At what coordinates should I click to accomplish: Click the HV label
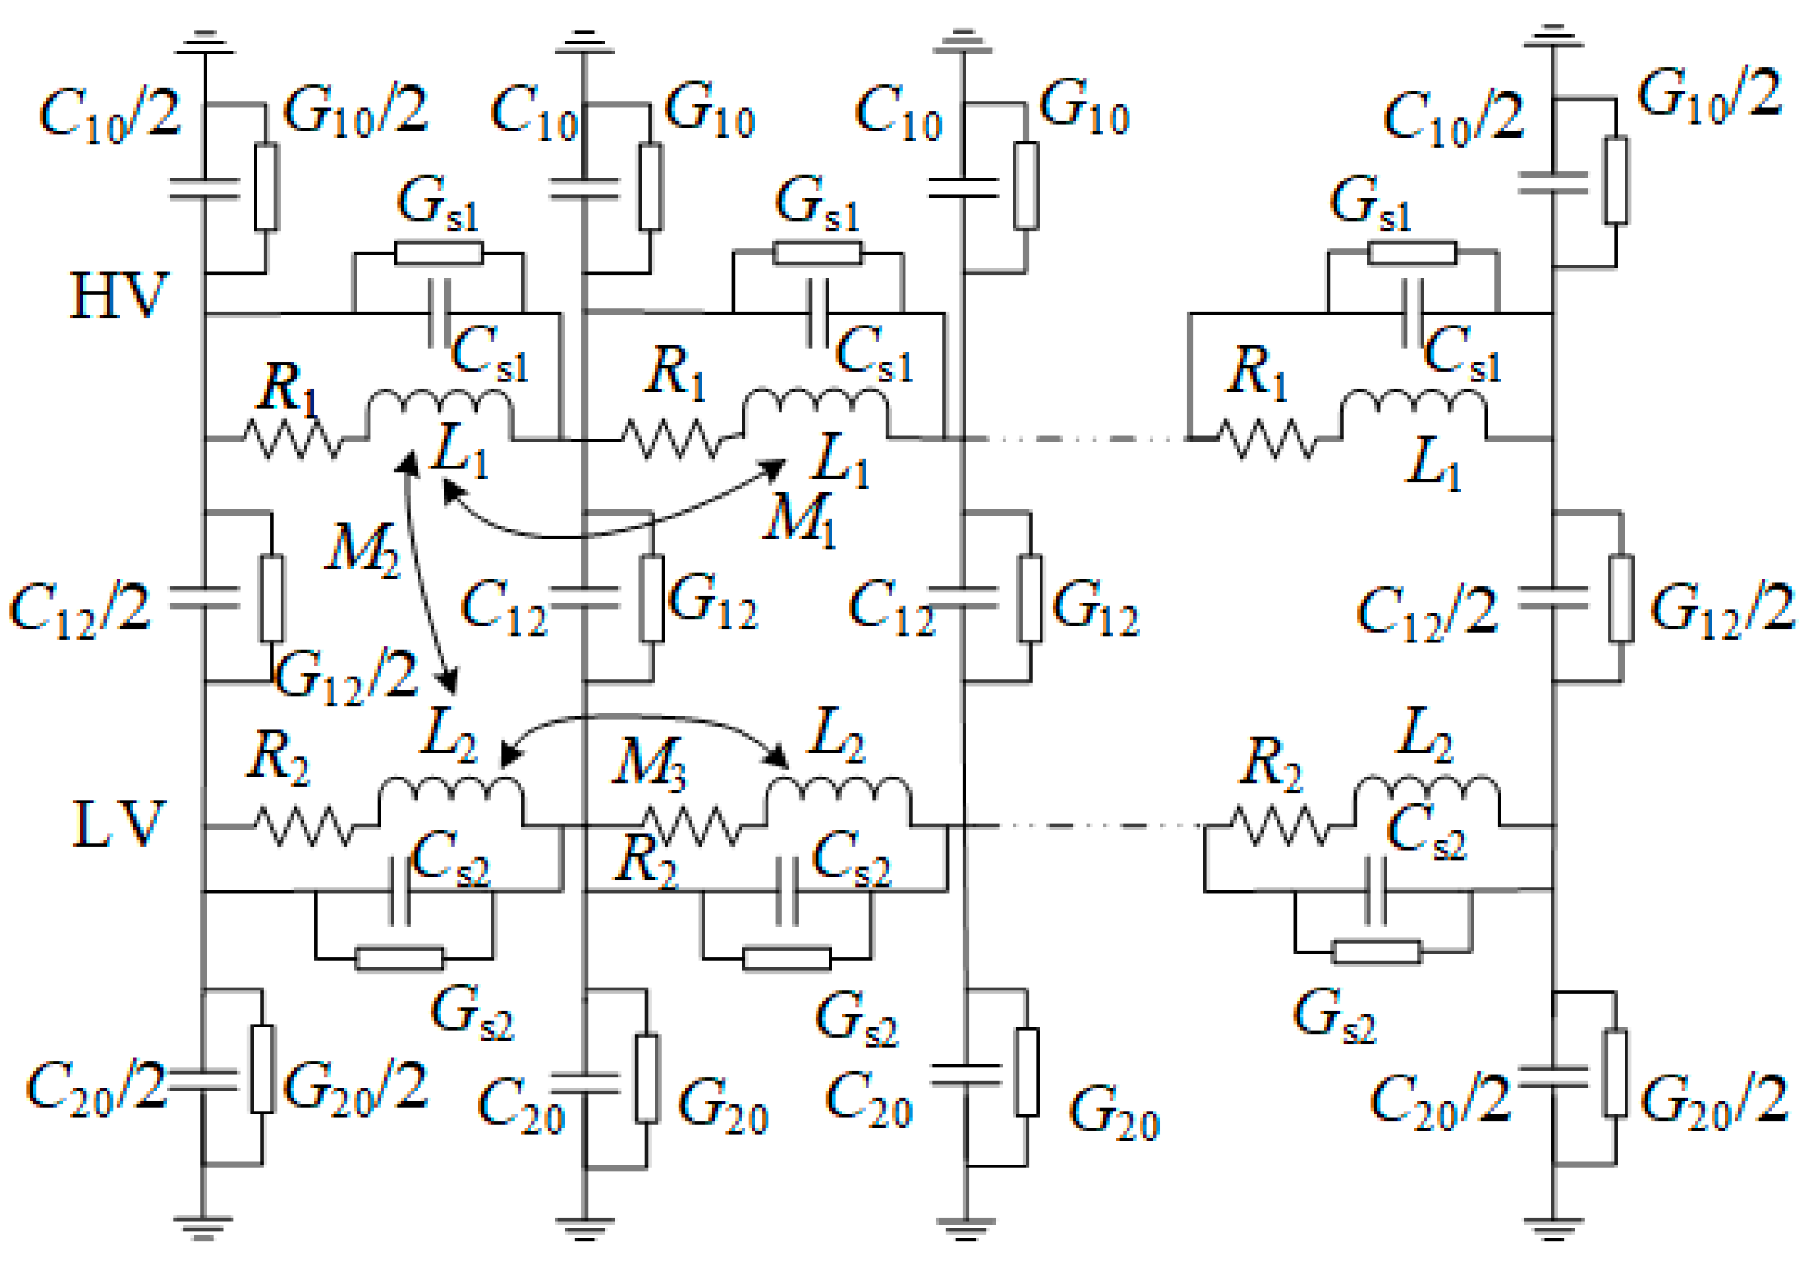click(x=118, y=296)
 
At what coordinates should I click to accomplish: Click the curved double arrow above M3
click(x=644, y=720)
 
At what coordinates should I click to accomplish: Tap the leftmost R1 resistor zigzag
click(x=292, y=439)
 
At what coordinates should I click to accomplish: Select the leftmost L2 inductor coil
click(x=450, y=793)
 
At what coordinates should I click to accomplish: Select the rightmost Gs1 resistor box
click(x=1412, y=253)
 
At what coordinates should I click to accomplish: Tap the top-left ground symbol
click(x=204, y=44)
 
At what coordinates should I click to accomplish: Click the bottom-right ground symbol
click(x=1553, y=1229)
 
